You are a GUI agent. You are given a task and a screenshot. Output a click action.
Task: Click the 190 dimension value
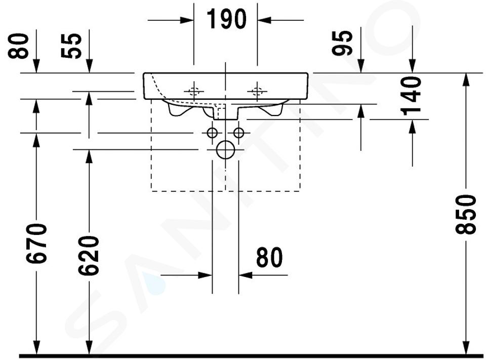click(x=227, y=19)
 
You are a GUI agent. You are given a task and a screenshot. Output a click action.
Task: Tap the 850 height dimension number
click(x=466, y=214)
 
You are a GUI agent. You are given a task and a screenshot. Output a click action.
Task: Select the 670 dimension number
click(x=36, y=244)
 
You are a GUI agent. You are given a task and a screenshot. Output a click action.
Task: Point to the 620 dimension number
click(x=89, y=256)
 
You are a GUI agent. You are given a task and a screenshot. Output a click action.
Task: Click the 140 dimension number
click(x=411, y=96)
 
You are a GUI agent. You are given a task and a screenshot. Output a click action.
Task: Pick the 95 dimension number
click(x=342, y=43)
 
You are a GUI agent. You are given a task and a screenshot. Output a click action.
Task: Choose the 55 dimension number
click(x=71, y=46)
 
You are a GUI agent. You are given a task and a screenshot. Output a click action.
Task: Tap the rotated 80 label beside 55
click(x=18, y=46)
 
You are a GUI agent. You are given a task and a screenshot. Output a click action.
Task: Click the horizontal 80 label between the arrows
click(x=269, y=257)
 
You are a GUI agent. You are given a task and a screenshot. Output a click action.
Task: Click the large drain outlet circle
click(x=226, y=149)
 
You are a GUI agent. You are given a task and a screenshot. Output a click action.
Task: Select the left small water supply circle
click(x=212, y=133)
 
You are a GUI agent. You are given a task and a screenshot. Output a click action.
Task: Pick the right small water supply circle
click(x=238, y=133)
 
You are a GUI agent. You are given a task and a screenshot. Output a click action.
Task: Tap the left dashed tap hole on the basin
click(x=194, y=92)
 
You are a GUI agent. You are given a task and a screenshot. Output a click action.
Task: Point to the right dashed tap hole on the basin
click(x=257, y=92)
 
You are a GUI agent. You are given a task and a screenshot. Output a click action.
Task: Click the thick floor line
click(x=252, y=356)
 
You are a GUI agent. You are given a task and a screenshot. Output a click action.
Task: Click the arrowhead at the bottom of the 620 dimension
click(x=89, y=348)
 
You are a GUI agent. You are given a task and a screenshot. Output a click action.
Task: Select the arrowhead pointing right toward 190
click(x=187, y=20)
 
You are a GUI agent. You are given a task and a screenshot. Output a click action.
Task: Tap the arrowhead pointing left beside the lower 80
click(x=245, y=275)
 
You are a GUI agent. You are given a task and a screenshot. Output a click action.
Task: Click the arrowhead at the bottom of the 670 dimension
click(x=36, y=348)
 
